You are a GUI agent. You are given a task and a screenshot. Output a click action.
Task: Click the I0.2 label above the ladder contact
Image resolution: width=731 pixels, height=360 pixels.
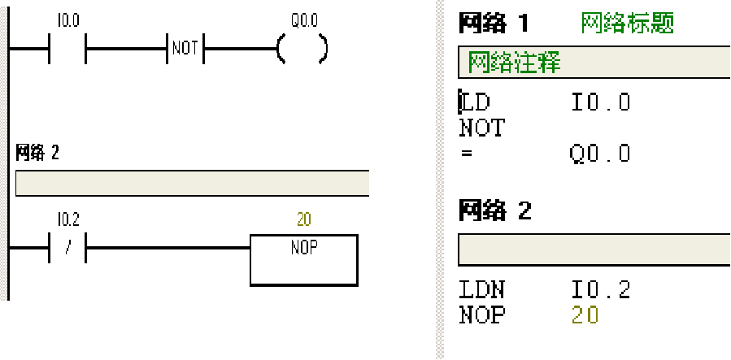(68, 219)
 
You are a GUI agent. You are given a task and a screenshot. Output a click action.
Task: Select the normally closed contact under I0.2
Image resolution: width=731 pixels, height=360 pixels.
(68, 247)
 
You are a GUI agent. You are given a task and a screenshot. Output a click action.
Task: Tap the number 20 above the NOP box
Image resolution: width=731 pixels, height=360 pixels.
(303, 219)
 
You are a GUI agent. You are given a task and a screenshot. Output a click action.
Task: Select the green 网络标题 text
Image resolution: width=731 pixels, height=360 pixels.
(627, 24)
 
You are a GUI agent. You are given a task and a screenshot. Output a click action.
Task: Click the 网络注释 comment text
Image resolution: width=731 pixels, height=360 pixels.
(514, 63)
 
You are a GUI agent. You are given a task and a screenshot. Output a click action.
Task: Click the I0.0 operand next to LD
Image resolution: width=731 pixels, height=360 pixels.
(600, 102)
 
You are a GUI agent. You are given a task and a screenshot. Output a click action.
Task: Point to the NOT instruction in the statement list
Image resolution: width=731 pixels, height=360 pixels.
(481, 128)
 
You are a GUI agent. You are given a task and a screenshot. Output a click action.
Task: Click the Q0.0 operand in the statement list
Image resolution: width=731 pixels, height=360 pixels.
(600, 154)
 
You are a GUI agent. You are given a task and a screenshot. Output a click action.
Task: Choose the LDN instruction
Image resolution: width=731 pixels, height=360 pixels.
(481, 290)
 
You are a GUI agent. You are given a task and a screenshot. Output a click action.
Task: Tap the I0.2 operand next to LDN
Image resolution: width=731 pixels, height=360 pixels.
(600, 290)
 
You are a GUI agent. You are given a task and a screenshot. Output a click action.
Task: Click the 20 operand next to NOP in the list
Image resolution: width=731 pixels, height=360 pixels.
(585, 315)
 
